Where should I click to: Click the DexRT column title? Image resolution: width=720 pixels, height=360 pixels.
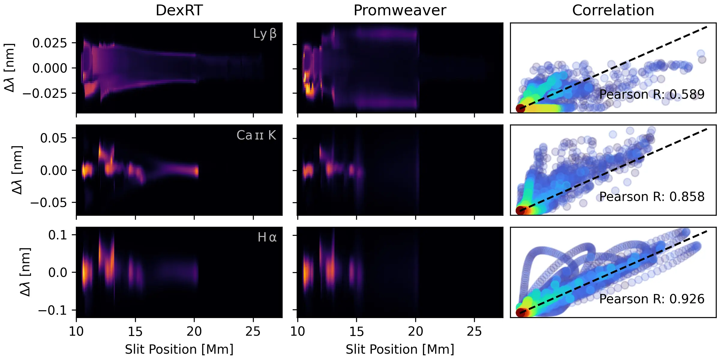coord(179,10)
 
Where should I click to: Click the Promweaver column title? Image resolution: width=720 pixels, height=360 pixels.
coord(400,10)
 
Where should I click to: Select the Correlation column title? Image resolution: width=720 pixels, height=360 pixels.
coord(613,10)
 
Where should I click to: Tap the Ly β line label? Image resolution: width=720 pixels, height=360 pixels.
coord(265,34)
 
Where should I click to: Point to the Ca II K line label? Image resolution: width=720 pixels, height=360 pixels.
coord(256,135)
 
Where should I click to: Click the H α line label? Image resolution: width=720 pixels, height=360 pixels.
coord(267,237)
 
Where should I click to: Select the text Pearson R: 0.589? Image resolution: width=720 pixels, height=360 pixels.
coord(652,94)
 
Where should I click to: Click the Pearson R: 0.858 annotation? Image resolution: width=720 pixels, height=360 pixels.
coord(652,197)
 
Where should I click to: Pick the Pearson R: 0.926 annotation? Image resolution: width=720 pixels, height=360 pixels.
coord(652,299)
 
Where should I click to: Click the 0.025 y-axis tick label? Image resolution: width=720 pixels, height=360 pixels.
coord(50,43)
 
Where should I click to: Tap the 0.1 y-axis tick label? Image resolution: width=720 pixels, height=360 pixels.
coord(58,235)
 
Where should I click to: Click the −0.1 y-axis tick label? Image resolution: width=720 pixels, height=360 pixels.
coord(52,310)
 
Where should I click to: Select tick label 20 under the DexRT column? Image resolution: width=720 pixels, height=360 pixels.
coord(194,332)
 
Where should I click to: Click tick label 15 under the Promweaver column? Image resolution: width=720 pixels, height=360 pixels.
coord(356,332)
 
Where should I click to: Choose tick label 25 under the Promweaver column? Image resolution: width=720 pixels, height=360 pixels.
coord(474,332)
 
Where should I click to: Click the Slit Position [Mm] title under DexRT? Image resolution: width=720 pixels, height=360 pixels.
coord(179,349)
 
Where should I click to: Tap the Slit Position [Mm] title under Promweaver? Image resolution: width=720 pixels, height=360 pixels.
coord(400,349)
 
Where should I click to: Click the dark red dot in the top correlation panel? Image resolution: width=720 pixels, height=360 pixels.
coord(520,108)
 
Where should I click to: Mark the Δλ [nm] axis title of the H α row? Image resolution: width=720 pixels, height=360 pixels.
coord(25,272)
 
